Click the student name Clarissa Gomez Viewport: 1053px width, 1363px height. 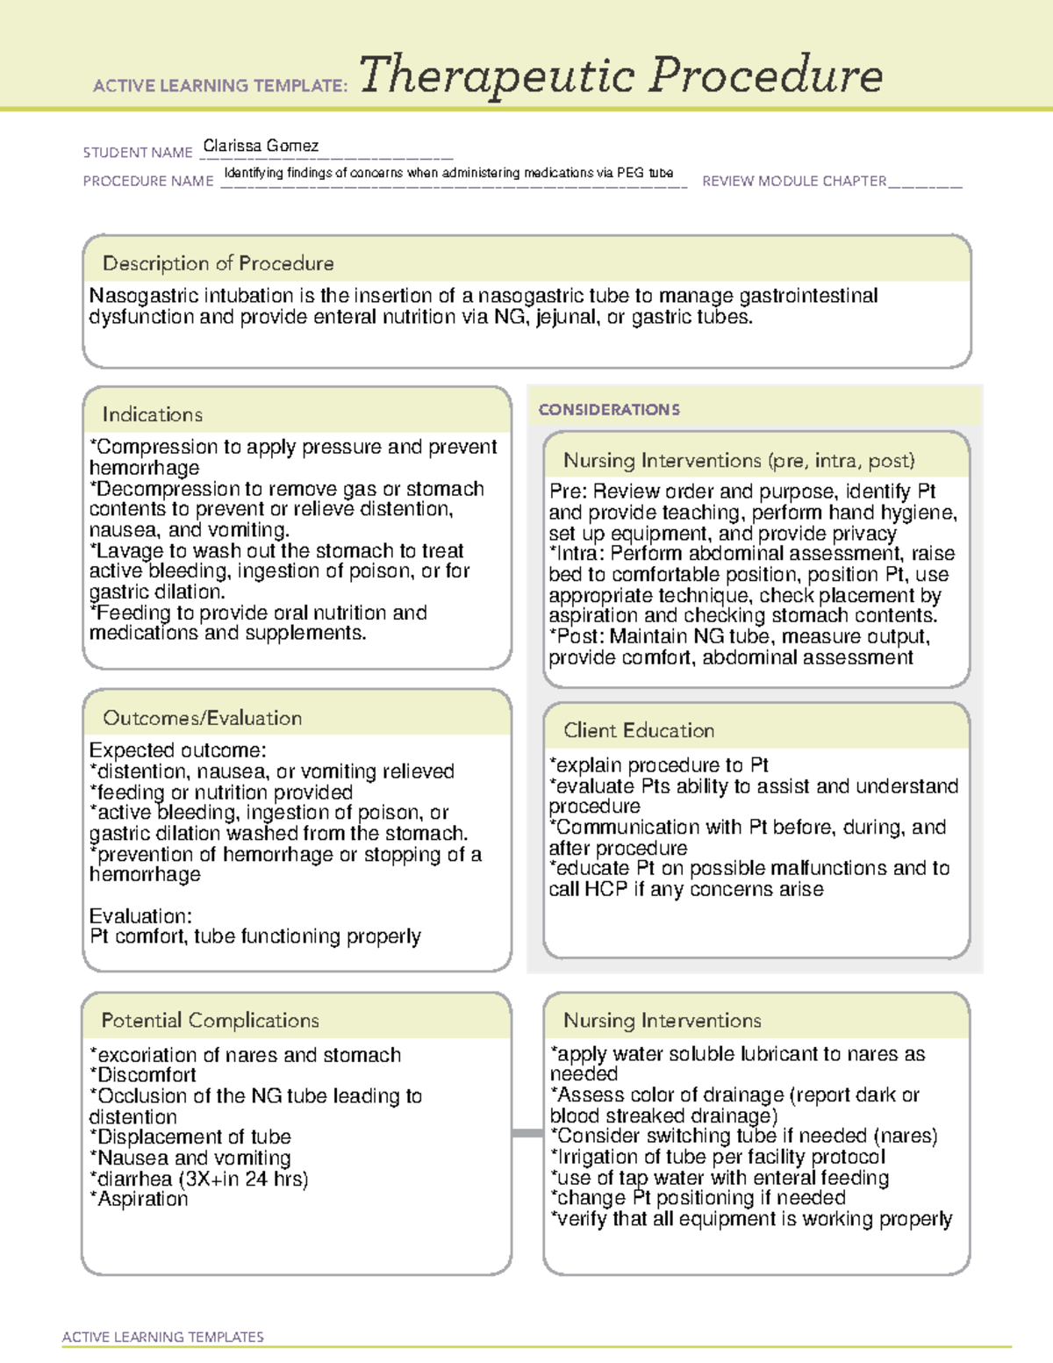[261, 146]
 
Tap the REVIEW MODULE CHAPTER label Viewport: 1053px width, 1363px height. [793, 181]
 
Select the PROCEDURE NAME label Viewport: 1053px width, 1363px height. [148, 181]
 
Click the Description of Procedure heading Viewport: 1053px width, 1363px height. [218, 263]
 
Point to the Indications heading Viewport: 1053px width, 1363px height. [152, 414]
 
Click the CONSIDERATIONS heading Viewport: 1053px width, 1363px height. [609, 410]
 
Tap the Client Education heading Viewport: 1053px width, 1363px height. [638, 730]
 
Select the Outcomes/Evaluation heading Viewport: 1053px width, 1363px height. [202, 718]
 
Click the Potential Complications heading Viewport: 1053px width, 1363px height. [210, 1020]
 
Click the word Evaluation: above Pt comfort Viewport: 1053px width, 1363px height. [140, 916]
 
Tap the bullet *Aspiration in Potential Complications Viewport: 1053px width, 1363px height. [140, 1199]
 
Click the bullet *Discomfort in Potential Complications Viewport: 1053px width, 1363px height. [144, 1075]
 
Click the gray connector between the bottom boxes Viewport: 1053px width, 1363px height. [526, 1133]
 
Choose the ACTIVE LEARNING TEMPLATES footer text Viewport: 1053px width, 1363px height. [162, 1337]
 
